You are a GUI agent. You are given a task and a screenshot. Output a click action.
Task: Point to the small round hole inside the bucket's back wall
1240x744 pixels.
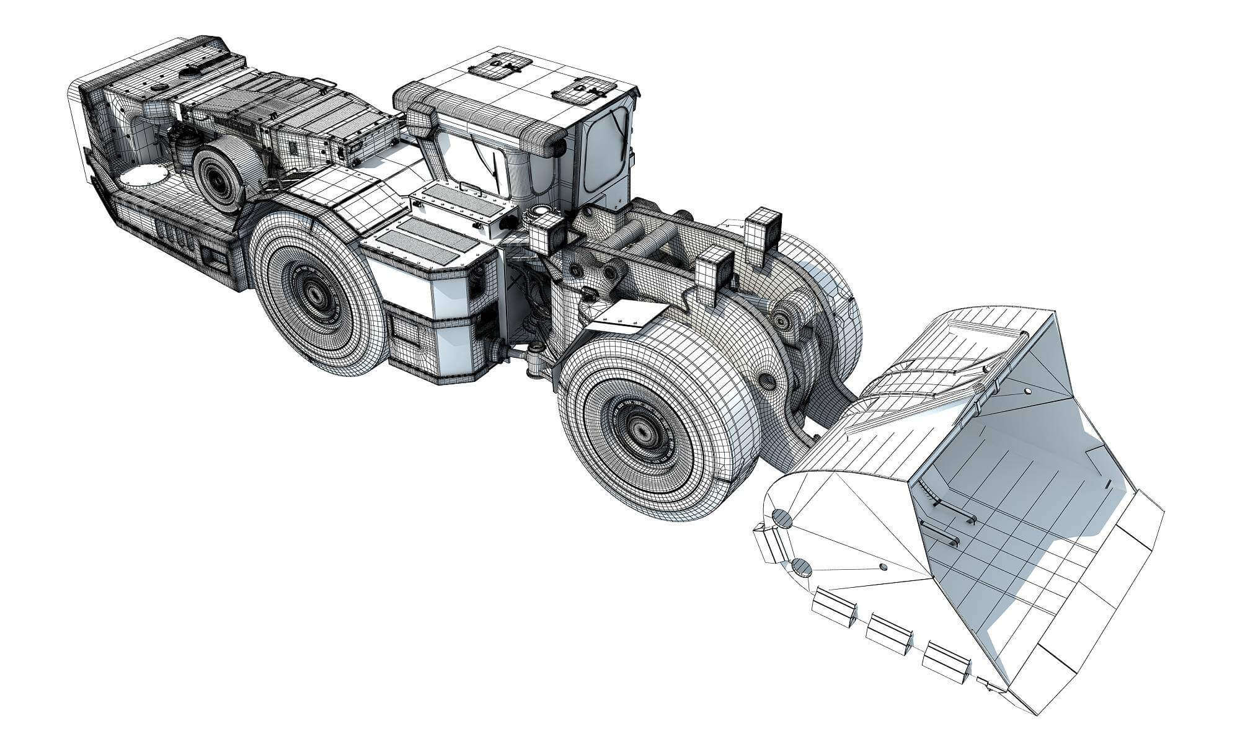pos(1027,391)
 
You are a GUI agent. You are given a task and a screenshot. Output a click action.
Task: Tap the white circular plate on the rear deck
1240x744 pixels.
pos(142,180)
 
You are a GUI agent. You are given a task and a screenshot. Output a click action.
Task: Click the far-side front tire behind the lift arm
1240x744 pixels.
pos(831,298)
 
